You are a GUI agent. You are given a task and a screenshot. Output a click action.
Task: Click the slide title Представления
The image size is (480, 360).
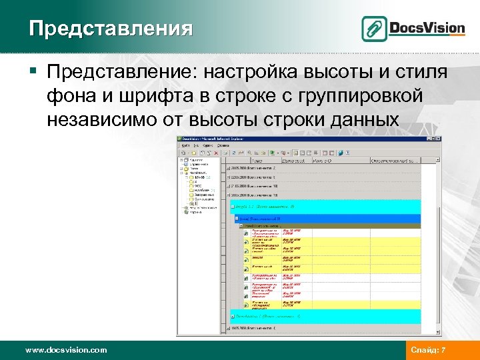(111, 29)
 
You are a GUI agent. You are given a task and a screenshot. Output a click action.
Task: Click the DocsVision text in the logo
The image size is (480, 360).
(427, 28)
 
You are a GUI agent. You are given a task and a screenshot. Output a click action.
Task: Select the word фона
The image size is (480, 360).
(70, 96)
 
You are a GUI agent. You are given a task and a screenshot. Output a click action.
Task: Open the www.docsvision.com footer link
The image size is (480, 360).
(65, 350)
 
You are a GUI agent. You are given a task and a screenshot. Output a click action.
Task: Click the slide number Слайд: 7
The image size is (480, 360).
(429, 350)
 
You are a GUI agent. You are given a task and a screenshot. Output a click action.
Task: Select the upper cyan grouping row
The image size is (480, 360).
(324, 207)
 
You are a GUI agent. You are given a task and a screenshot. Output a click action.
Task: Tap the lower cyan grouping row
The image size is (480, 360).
(324, 317)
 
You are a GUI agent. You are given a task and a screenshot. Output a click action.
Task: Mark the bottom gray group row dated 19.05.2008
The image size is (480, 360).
(324, 329)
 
